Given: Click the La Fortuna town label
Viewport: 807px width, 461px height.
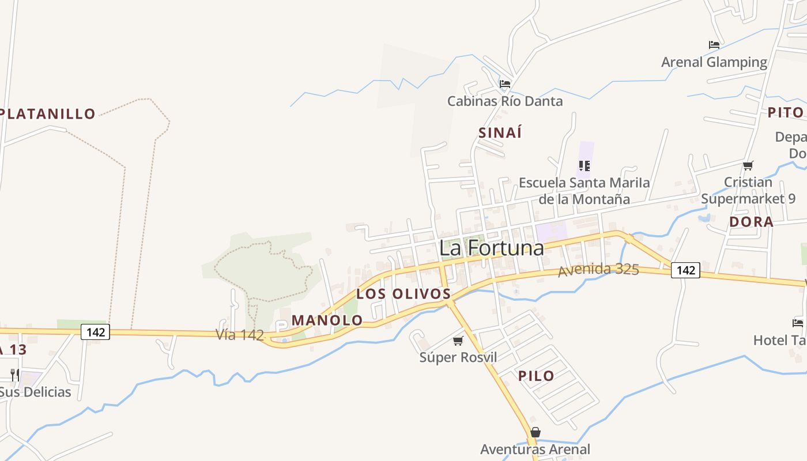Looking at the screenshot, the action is point(491,248).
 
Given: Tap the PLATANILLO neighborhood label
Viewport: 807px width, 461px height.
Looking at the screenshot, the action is point(48,114).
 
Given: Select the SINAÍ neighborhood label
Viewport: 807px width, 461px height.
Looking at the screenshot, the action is point(500,133).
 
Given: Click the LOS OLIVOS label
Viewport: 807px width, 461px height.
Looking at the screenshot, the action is point(403,293).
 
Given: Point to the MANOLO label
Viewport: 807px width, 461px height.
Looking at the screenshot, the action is point(327,320).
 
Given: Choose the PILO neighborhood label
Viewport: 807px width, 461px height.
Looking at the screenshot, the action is point(536,376).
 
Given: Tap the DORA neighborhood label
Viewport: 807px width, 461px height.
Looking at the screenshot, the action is point(751,222).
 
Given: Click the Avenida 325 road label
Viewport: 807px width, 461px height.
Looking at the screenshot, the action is point(598,269).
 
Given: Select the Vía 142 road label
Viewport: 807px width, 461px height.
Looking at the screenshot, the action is point(240,334).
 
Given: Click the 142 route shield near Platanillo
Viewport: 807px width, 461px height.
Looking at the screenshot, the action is point(95,332).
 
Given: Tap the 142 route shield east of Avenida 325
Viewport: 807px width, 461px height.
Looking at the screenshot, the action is point(685,270).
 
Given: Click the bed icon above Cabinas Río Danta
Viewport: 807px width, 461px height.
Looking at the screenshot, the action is point(505,84).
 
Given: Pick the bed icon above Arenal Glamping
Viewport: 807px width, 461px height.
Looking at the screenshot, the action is point(714,45).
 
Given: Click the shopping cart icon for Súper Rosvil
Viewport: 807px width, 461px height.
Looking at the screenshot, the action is point(458,341).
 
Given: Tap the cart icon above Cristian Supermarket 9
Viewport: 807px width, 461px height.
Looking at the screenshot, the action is point(748,166).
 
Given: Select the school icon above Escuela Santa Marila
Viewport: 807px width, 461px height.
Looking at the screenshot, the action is point(584,166).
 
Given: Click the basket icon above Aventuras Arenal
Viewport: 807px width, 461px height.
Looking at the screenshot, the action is point(536,432).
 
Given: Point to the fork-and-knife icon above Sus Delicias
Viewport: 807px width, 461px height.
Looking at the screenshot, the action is point(15,375).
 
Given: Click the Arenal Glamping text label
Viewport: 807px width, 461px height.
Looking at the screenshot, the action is point(714,62).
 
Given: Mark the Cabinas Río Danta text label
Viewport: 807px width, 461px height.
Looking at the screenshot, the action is point(505,101).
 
